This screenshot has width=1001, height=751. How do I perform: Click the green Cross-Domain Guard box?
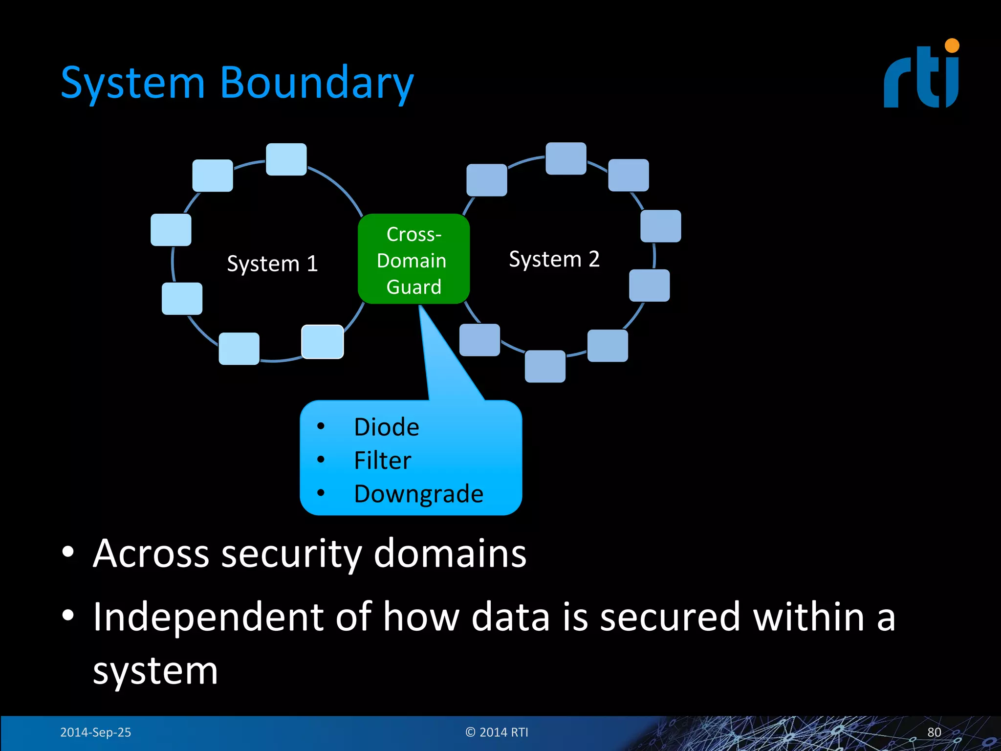(413, 259)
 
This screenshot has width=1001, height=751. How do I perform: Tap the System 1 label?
(272, 264)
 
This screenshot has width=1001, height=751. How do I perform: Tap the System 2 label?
(554, 259)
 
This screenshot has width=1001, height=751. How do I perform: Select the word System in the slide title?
(133, 83)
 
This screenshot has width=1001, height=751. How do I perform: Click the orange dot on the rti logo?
(952, 45)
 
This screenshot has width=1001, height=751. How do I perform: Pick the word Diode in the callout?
(386, 427)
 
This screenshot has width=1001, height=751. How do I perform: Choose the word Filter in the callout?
(382, 460)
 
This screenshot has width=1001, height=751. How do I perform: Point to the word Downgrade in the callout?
(418, 493)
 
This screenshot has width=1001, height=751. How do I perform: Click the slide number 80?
(934, 732)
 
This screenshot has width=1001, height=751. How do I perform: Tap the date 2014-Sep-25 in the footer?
(95, 732)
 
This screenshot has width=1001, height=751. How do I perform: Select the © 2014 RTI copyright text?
(497, 732)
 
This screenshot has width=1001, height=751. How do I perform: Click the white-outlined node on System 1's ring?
(322, 342)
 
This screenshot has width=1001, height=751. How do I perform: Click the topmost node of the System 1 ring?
(286, 159)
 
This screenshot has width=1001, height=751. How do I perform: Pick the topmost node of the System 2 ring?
(566, 158)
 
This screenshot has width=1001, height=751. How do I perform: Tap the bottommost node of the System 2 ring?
(545, 366)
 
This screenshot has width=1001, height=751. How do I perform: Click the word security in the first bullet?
(291, 553)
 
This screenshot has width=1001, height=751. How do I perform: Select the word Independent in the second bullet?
(208, 617)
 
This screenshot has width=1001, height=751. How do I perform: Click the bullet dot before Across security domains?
(68, 552)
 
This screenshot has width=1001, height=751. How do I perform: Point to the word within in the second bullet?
(808, 617)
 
